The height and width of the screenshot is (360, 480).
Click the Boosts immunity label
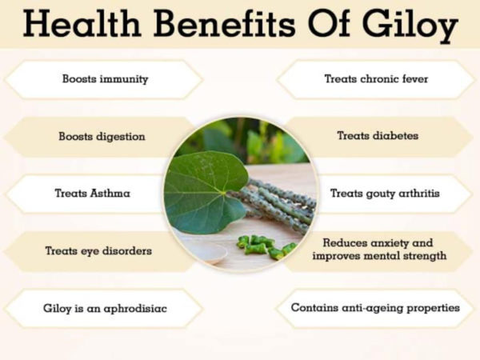[x=105, y=79]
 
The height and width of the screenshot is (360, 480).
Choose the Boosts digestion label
[x=102, y=136]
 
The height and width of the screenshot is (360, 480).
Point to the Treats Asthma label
[x=93, y=194]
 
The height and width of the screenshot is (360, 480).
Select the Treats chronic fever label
[x=376, y=79]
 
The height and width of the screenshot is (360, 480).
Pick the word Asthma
[x=110, y=194]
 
